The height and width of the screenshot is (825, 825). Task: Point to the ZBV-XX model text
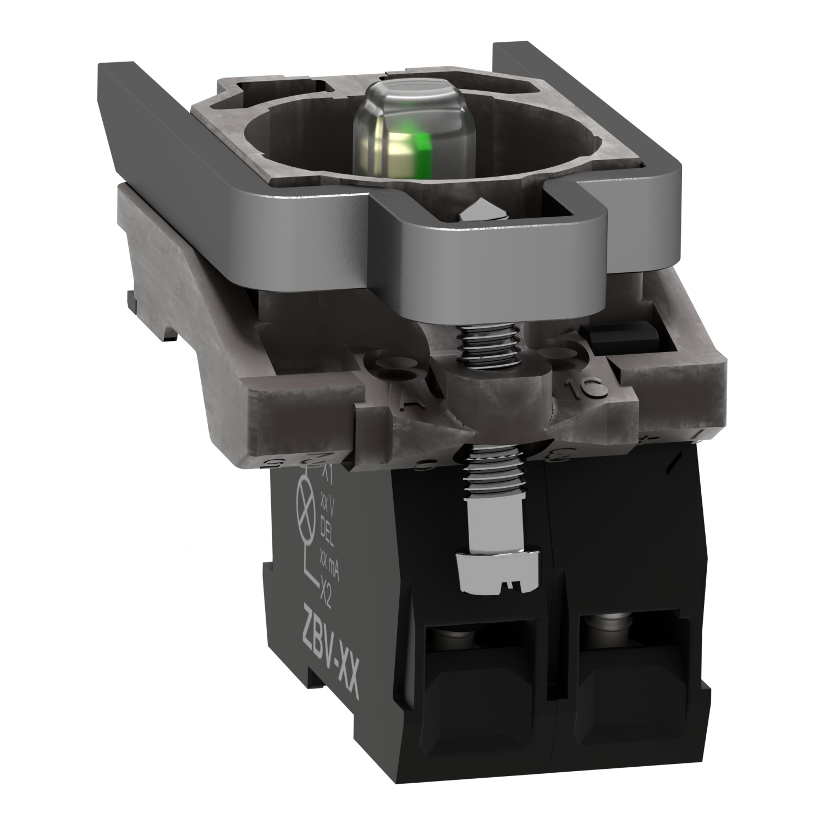click(332, 636)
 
